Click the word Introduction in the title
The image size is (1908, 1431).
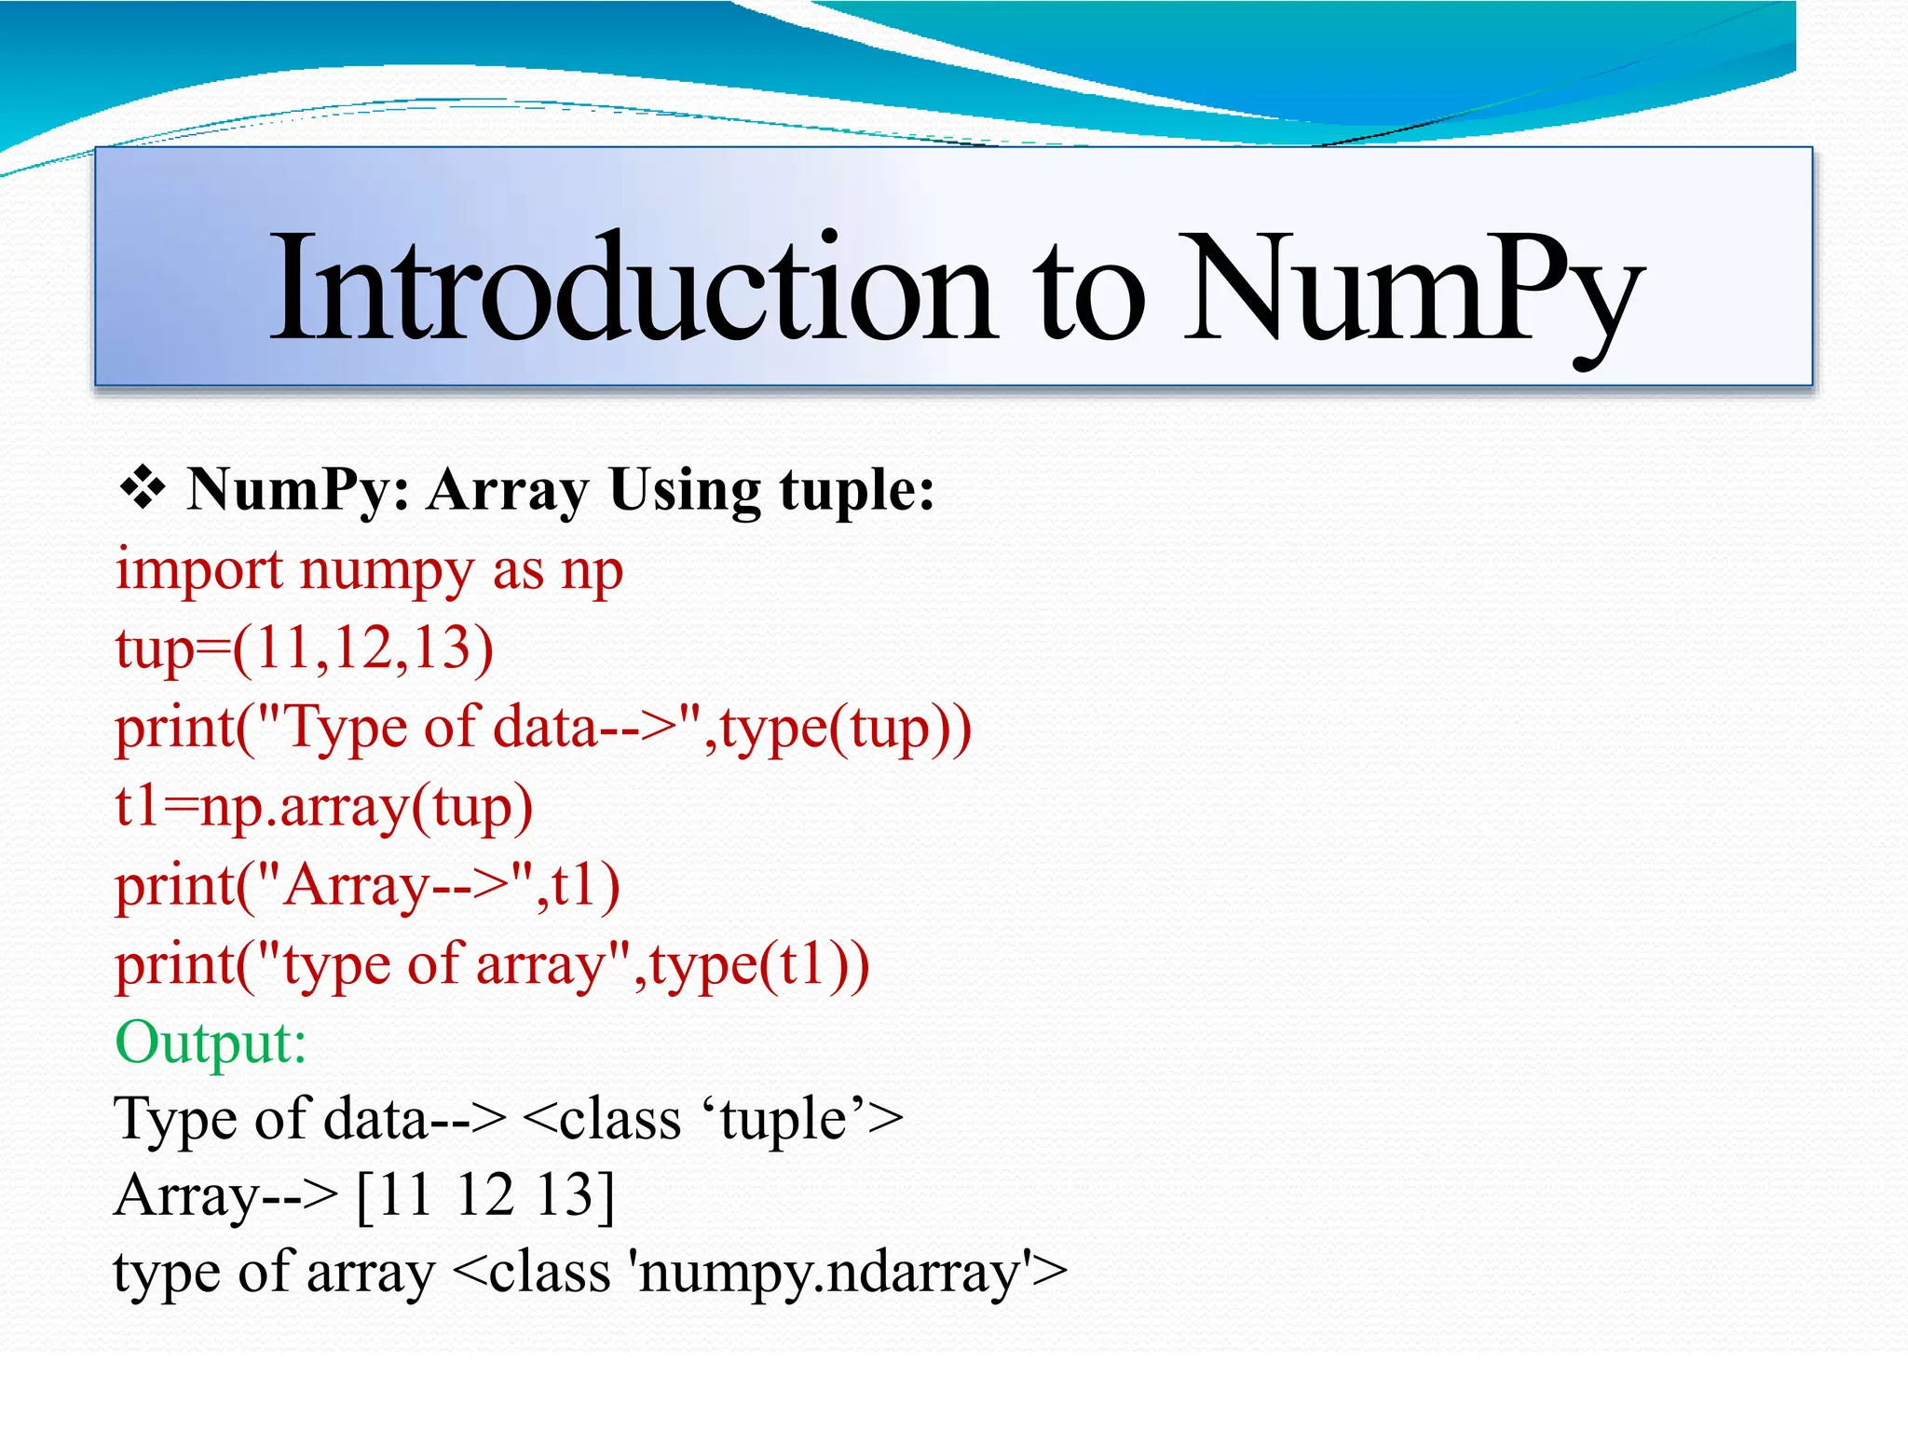(634, 289)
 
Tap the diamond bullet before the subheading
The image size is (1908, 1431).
(143, 488)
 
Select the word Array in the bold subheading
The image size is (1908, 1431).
(508, 490)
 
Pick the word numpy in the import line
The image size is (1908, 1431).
(387, 572)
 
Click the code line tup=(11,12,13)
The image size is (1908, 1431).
(305, 648)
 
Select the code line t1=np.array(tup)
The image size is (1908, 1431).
(323, 807)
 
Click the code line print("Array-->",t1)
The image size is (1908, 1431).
(367, 885)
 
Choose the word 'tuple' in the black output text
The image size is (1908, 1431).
(783, 1120)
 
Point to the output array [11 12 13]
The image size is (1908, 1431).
(485, 1195)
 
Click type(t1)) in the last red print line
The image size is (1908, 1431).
(759, 965)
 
